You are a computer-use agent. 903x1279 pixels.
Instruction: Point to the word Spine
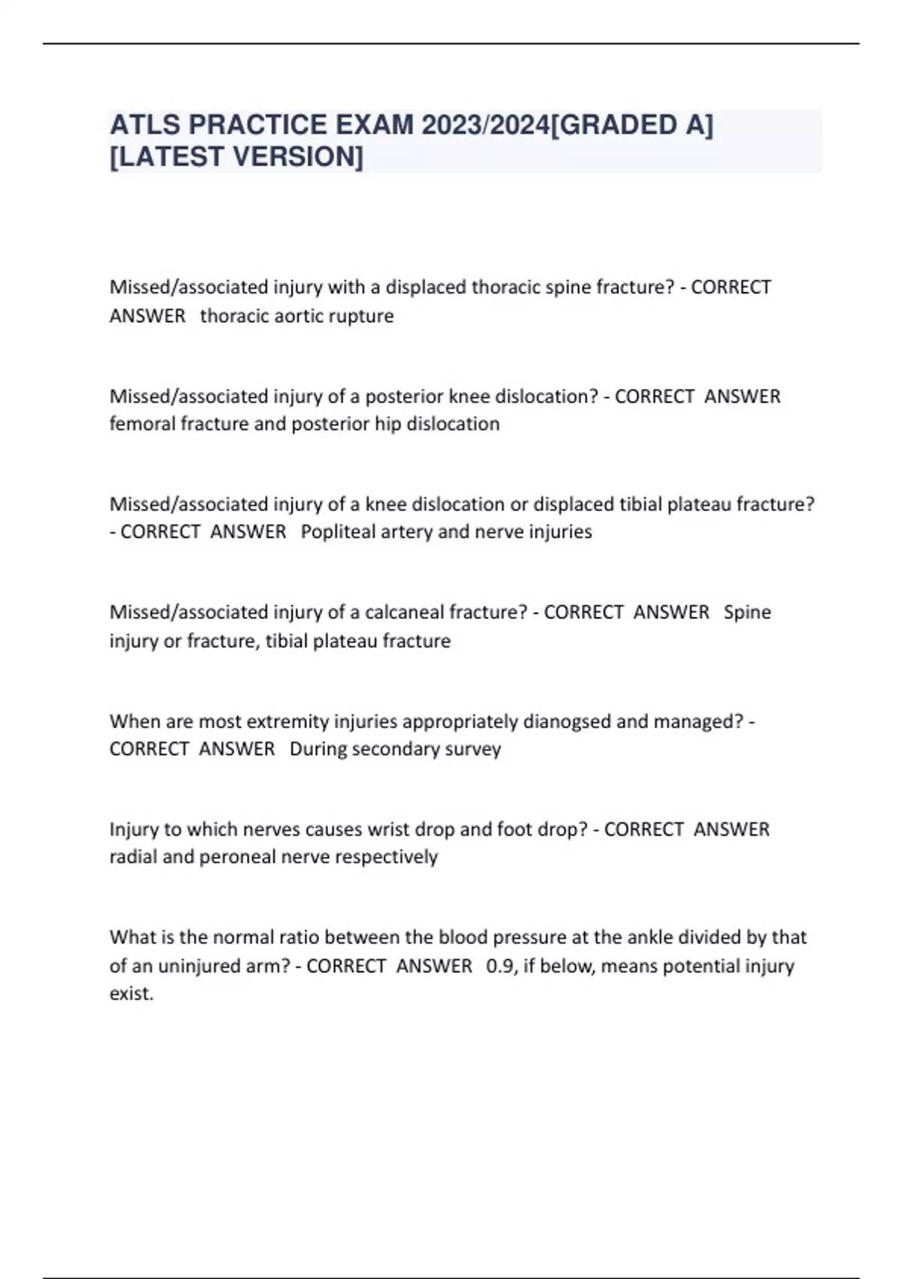747,612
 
